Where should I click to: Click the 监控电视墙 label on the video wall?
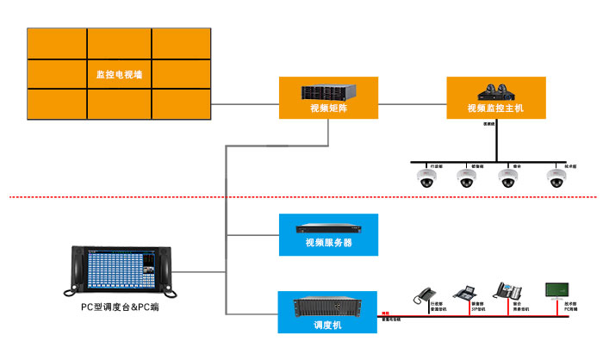(x=120, y=75)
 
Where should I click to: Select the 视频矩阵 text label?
(x=327, y=109)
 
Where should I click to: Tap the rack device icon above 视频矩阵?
(x=327, y=91)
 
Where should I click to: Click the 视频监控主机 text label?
(x=495, y=109)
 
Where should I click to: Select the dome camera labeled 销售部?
(x=467, y=178)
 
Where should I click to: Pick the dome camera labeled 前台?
(x=508, y=178)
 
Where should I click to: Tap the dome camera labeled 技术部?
(x=556, y=178)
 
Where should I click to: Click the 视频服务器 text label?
(x=327, y=243)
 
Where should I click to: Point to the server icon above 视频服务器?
(x=327, y=229)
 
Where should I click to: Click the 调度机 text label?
(x=327, y=325)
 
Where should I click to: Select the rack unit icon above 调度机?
(x=327, y=307)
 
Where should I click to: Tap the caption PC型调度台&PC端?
(x=120, y=307)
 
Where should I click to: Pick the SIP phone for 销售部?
(x=464, y=293)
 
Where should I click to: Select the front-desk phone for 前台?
(x=504, y=291)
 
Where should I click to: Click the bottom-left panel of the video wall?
(x=57, y=103)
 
